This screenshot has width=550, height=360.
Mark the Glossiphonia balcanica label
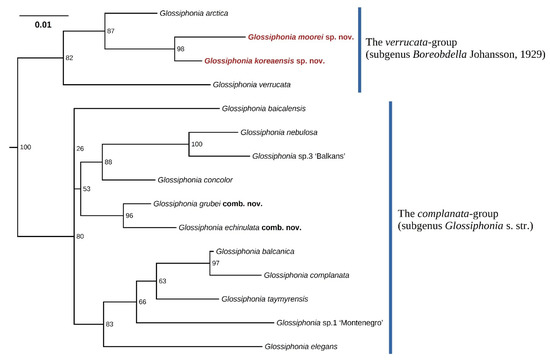pyautogui.click(x=250, y=252)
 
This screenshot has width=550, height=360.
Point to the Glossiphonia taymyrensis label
pyautogui.click(x=261, y=298)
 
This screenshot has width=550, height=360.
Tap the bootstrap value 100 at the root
pyautogui.click(x=26, y=148)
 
